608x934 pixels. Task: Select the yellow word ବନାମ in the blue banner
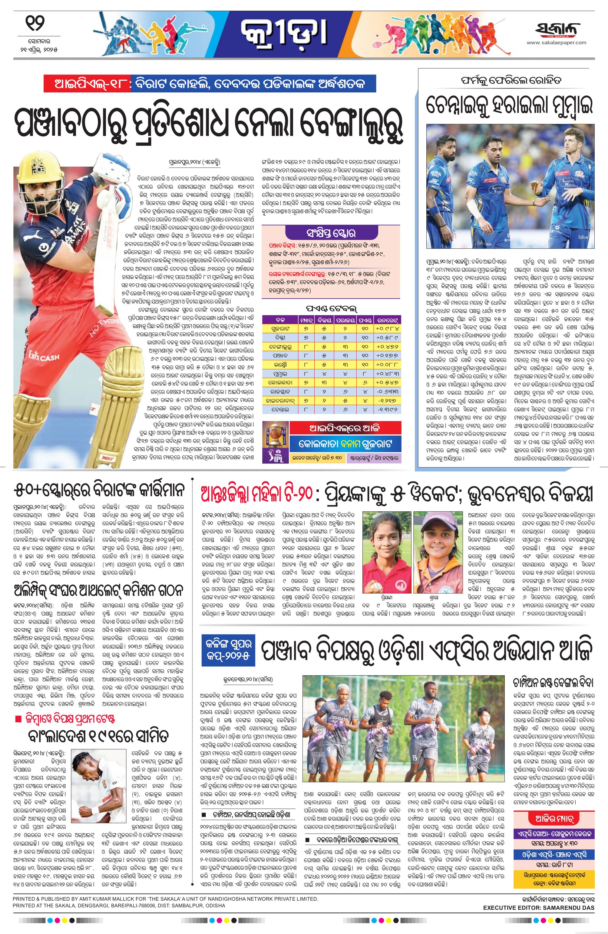(x=345, y=444)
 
